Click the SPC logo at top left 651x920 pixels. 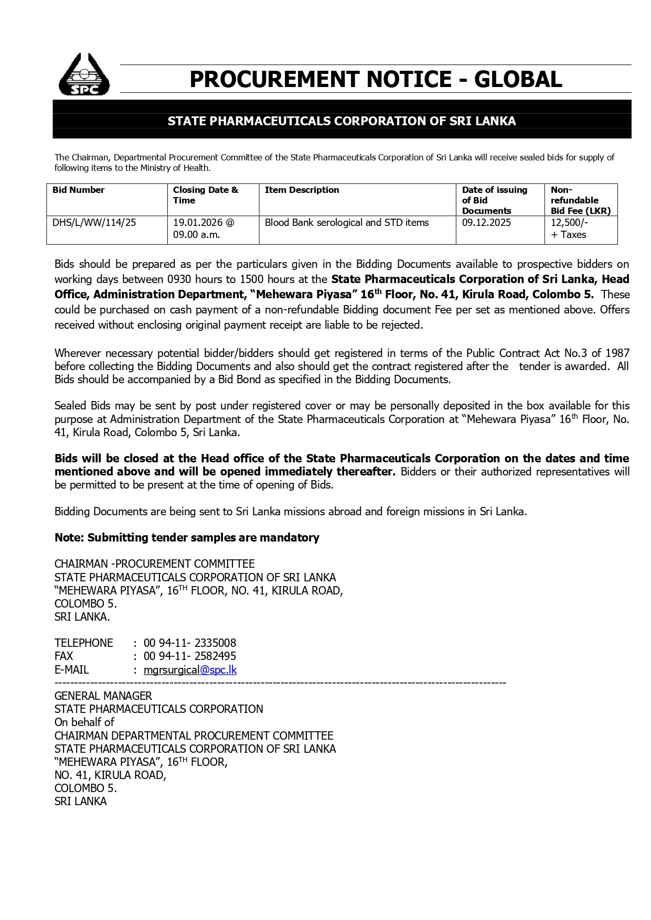tap(84, 75)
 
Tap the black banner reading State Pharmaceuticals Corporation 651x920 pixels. tap(341, 121)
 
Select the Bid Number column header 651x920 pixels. tap(79, 190)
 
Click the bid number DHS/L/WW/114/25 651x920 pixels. tap(94, 222)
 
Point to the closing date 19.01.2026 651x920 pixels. tap(199, 222)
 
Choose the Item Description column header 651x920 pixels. tap(302, 190)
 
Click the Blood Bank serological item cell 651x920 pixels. tap(346, 222)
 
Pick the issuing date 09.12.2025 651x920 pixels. tap(486, 222)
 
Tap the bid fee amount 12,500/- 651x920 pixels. tap(569, 222)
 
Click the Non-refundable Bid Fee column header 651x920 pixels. tap(580, 200)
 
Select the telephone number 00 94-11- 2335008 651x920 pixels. tap(190, 643)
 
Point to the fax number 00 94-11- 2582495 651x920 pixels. tap(190, 656)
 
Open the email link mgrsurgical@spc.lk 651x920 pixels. tap(190, 669)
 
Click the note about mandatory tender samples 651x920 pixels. tap(187, 537)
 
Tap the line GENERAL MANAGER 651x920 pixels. tap(103, 696)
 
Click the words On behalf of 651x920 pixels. tap(84, 722)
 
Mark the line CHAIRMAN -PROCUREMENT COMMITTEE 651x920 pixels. tap(155, 564)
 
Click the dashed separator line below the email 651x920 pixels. tap(280, 683)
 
